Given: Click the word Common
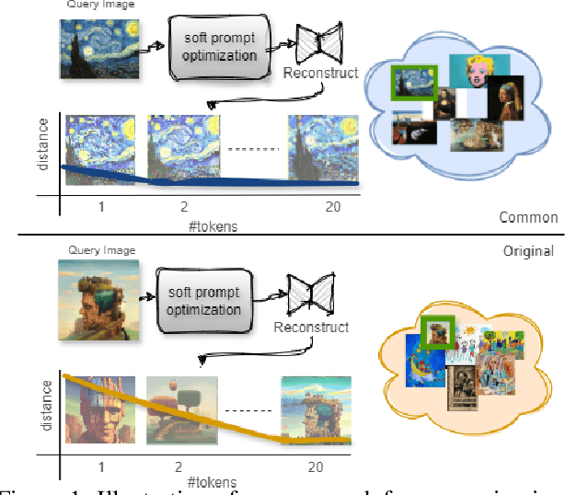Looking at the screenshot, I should pos(528,217).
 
